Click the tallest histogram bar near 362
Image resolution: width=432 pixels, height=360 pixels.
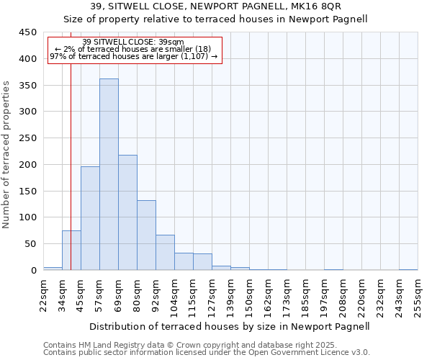(x=109, y=174)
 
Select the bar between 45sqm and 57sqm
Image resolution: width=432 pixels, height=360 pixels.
(x=90, y=218)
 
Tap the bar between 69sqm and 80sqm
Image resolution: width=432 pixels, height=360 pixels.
(x=127, y=212)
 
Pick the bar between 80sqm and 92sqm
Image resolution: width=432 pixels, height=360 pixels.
(x=146, y=235)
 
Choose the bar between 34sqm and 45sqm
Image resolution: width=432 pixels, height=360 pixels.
(x=71, y=251)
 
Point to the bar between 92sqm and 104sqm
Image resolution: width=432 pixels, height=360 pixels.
(x=165, y=253)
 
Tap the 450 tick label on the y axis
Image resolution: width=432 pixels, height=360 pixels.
(x=28, y=32)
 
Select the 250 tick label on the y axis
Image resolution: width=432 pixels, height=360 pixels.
(x=28, y=138)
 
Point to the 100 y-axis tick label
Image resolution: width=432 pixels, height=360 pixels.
(x=28, y=217)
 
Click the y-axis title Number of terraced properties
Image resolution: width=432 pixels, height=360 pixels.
(x=7, y=155)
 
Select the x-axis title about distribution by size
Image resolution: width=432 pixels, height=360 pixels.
(x=230, y=326)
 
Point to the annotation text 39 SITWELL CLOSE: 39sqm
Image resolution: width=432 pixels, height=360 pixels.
(x=133, y=42)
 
